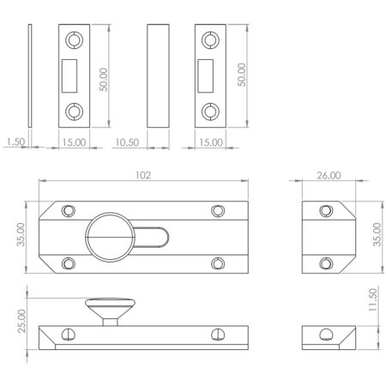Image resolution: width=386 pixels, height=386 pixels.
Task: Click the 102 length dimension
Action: click(x=142, y=175)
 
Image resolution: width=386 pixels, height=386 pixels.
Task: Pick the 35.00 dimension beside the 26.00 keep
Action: click(x=374, y=236)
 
